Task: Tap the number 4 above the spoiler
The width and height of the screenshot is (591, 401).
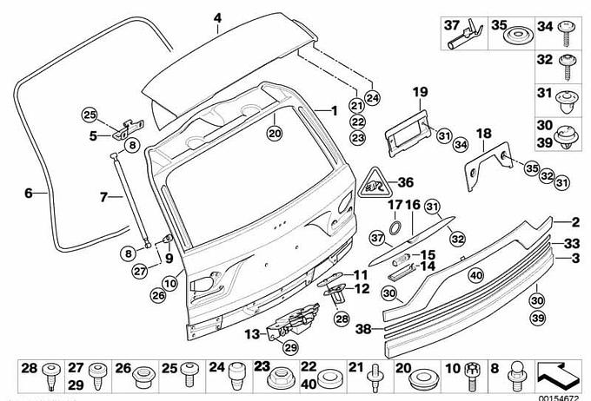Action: coord(217,17)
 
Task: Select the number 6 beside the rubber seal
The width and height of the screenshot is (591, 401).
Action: coord(28,194)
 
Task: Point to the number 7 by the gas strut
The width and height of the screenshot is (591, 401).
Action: coord(103,197)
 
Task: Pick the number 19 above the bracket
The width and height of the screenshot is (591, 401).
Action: coord(420,91)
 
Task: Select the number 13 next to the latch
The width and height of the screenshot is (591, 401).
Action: coord(252,332)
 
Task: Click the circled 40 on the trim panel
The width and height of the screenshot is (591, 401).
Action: coord(475,275)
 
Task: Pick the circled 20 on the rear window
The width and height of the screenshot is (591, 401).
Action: coord(275,134)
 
